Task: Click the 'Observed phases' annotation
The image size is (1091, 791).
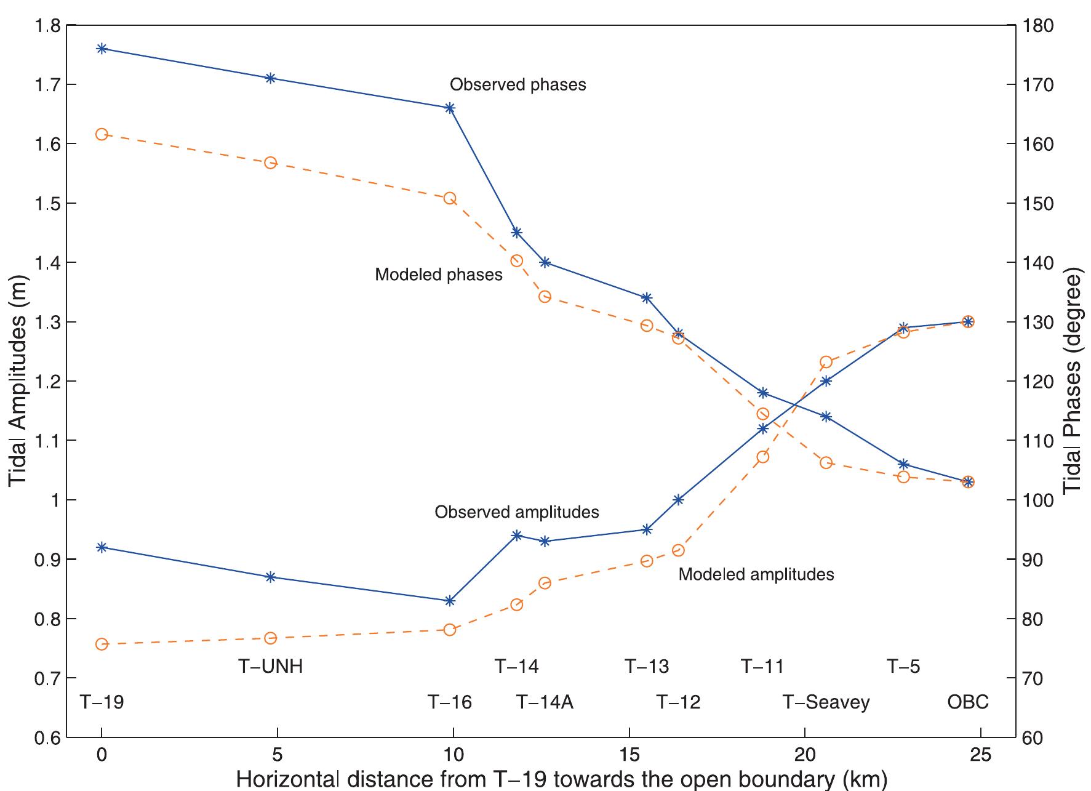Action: tap(518, 84)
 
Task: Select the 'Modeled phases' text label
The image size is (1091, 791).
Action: tap(438, 275)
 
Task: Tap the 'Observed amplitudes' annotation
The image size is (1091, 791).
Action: tap(516, 512)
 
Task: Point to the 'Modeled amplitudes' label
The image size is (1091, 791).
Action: tap(756, 574)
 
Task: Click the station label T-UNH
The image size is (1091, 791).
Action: tap(270, 667)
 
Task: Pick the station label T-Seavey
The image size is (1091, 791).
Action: tap(826, 702)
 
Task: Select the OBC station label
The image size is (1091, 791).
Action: tap(967, 702)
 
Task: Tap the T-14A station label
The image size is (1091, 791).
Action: tap(545, 702)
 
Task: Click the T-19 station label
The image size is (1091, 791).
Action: tap(102, 702)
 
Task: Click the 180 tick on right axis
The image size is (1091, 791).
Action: tap(1038, 26)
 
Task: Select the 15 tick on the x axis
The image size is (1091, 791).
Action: tap(629, 755)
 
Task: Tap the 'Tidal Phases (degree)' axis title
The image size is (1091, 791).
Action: tap(1073, 381)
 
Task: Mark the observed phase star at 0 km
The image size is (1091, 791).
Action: tap(102, 49)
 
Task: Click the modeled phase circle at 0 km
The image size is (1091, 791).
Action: tap(102, 134)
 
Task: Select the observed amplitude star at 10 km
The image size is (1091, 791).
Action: tap(449, 601)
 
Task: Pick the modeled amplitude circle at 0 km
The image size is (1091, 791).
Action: tap(102, 644)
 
